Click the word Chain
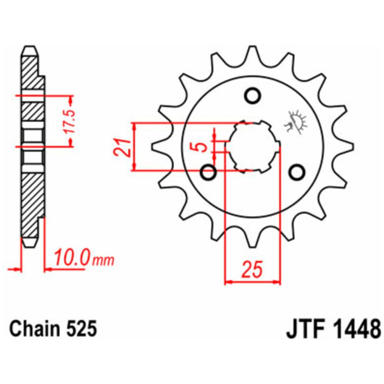point(34,329)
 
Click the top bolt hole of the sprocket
point(252,95)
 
